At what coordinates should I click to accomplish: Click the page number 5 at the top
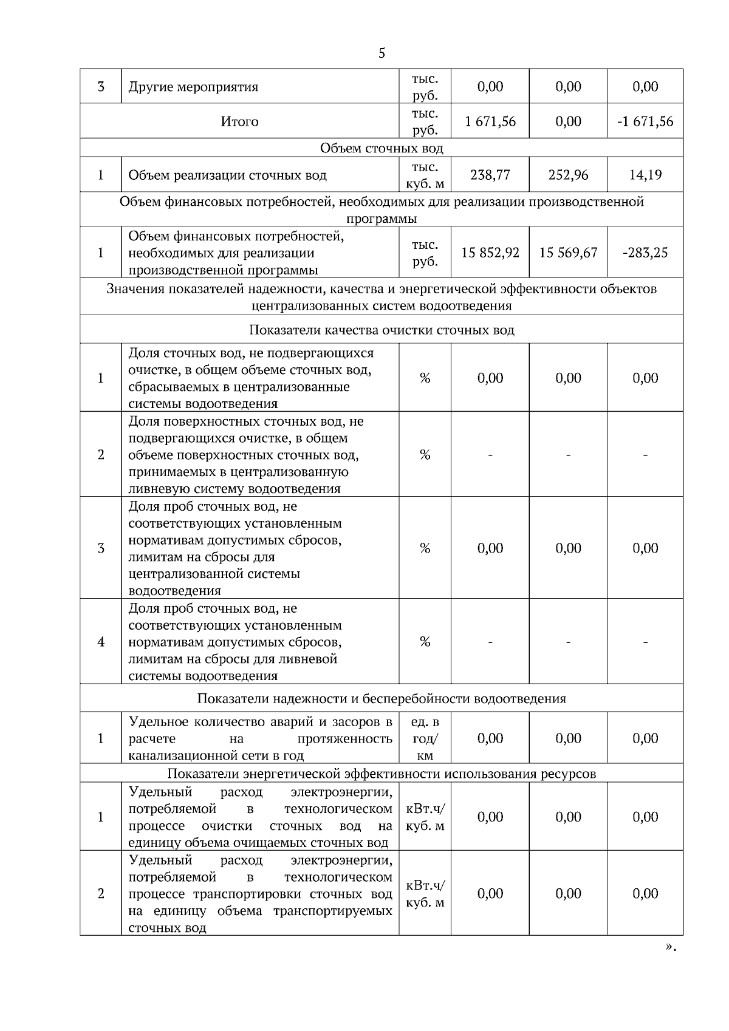point(382,53)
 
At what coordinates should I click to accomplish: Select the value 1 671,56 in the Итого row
point(490,121)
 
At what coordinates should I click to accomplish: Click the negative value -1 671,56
point(645,121)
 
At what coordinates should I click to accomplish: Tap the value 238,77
point(490,175)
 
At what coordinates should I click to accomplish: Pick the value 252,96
point(568,175)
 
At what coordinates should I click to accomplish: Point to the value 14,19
point(645,175)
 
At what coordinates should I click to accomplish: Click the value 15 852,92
point(490,253)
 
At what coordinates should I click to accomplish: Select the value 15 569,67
point(568,253)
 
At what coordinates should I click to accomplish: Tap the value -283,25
point(645,253)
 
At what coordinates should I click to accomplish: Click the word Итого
point(239,121)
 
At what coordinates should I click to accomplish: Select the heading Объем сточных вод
point(382,148)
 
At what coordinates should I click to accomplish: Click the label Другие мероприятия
point(193,87)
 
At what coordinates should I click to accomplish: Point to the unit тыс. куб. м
point(425,175)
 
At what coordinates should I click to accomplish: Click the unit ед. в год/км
point(425,738)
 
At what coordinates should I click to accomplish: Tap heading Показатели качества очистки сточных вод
point(382,330)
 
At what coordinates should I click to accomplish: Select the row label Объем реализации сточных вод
point(227,175)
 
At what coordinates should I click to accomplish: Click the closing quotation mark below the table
point(670,947)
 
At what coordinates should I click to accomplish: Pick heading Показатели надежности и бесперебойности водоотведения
point(382,698)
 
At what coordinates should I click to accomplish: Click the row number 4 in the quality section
point(101,642)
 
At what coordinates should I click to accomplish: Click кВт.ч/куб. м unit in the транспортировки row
point(425,894)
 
